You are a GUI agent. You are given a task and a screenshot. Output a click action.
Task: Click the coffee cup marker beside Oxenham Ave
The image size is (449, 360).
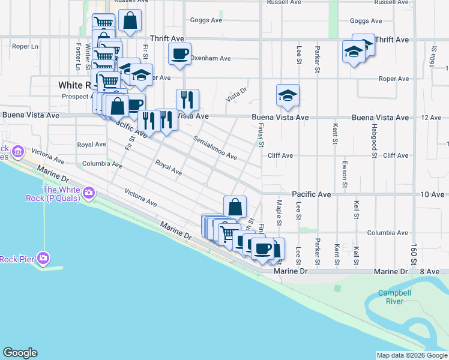coord(179,55)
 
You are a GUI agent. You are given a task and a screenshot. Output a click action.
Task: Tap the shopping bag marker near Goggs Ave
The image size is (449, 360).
coord(130,21)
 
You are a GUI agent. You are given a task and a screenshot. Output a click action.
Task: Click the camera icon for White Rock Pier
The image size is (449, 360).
coord(43,258)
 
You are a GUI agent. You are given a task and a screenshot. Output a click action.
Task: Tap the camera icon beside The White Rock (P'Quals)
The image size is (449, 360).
coord(89,193)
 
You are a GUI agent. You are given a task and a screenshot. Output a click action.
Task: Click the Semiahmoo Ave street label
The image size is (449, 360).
coord(215,148)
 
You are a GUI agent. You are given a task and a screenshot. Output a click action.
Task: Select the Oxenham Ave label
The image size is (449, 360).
coord(211,59)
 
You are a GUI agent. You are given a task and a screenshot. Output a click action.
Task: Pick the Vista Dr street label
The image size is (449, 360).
coord(237,92)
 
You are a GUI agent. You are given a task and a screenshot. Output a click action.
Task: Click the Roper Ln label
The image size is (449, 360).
coord(25,46)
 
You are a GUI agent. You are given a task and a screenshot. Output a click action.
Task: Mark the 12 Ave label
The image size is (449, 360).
coord(432,118)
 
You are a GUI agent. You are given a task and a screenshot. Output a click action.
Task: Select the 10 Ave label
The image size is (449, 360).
coord(432,194)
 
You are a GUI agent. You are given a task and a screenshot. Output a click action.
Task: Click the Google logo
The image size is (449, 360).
coord(20,353)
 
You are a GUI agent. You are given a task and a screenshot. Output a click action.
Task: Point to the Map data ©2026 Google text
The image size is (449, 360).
coord(412,355)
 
